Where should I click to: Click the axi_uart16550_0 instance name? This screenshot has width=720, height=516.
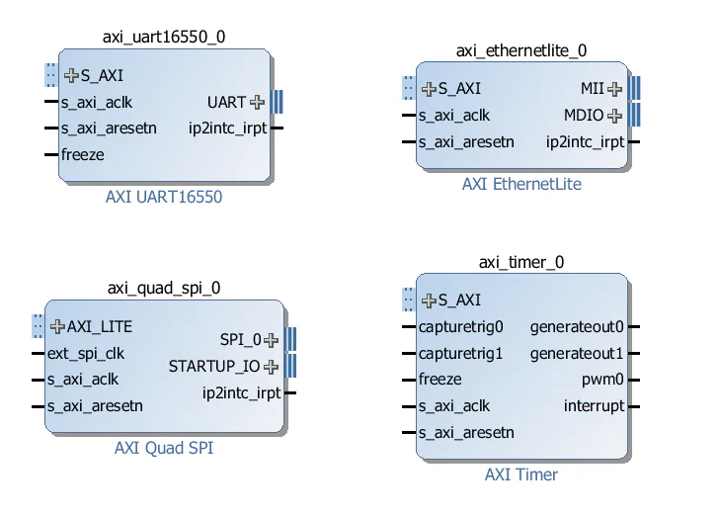click(163, 38)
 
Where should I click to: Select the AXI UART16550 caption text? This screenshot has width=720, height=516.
click(163, 197)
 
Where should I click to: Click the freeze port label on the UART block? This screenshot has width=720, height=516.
click(82, 154)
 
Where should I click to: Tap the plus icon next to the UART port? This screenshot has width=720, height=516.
click(258, 102)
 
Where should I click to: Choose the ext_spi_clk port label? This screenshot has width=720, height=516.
click(86, 353)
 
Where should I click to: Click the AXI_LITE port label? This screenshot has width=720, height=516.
click(99, 326)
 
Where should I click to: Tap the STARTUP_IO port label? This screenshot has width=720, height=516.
click(214, 367)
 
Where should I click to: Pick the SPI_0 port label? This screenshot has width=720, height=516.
click(240, 340)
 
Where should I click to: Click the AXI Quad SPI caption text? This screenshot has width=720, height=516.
click(163, 448)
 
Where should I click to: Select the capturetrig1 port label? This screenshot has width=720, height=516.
click(460, 353)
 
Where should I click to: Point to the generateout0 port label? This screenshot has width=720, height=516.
click(577, 326)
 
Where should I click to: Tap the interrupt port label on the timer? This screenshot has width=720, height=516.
click(594, 406)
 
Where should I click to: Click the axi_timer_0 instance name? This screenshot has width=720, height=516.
click(520, 262)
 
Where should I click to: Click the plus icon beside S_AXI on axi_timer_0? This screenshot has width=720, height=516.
click(429, 301)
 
